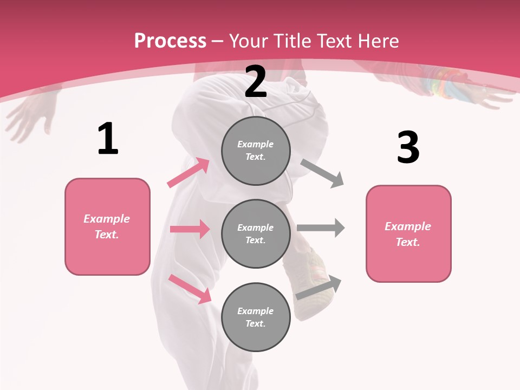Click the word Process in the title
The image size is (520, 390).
pos(170,41)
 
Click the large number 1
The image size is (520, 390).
pos(108,139)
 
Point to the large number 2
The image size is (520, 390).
pos(256,82)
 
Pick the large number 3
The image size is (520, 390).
pos(408,148)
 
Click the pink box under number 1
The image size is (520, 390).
pos(107,226)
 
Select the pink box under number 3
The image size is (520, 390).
pos(408,233)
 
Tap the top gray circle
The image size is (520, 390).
pos(256,151)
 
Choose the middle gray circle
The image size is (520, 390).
pos(256,233)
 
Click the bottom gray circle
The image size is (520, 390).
pos(256,317)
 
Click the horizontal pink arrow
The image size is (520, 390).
pos(190,229)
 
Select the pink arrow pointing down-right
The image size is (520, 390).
pos(190,289)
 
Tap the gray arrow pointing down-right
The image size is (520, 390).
pos(322,173)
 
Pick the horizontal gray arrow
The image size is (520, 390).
pos(321,227)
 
